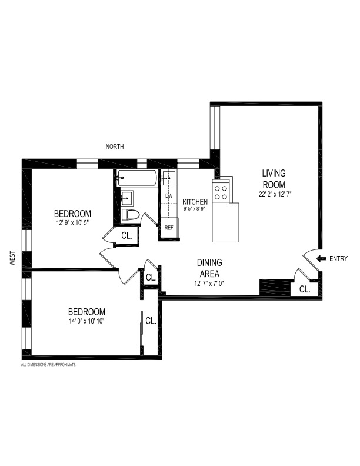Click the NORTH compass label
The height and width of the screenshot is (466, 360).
[114, 147]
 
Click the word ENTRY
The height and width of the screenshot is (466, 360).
[338, 258]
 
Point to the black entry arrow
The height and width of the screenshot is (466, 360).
[321, 258]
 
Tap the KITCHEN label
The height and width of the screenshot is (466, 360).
[195, 201]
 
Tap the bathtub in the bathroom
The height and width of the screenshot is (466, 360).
[136, 177]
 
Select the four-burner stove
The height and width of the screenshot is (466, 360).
[222, 189]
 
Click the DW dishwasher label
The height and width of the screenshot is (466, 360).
[169, 195]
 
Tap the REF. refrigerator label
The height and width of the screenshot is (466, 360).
[169, 228]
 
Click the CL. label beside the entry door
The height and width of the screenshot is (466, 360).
[305, 289]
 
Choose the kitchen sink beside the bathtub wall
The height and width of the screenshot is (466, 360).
[168, 177]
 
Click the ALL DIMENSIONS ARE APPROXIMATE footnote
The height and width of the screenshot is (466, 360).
[48, 365]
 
